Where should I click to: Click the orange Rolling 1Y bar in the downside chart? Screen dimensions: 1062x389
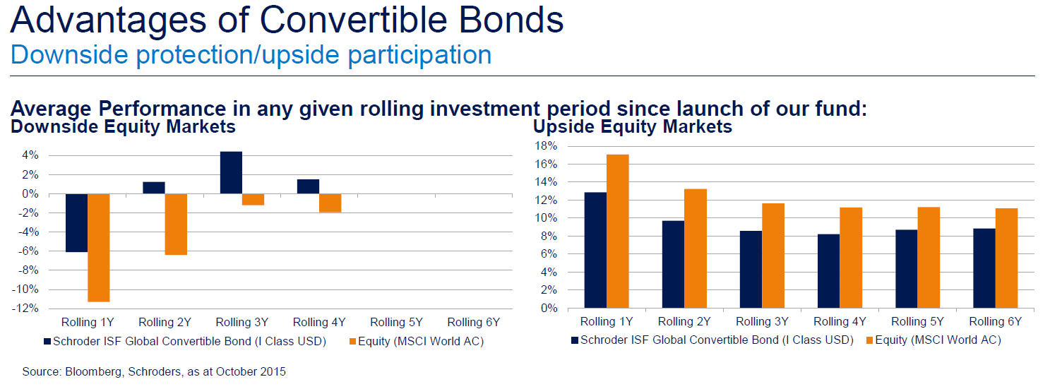99,248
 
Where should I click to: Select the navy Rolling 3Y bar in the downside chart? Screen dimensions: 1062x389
231,172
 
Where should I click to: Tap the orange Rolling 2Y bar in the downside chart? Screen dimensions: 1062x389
176,225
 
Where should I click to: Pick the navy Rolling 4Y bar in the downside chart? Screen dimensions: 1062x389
308,186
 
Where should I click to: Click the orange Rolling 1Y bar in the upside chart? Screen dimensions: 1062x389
618,232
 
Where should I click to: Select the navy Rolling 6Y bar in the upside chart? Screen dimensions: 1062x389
984,268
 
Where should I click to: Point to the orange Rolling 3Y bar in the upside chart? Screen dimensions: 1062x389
773,256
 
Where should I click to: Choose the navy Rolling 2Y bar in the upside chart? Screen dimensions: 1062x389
673,264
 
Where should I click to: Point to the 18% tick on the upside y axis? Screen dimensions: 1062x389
546,146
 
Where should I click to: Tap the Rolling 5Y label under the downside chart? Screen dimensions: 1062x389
396,322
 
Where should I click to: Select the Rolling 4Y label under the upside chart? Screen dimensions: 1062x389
840,322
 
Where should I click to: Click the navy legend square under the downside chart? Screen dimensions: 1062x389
47,342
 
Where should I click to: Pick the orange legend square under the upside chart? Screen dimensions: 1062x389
869,340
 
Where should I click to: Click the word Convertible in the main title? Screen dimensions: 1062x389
353,20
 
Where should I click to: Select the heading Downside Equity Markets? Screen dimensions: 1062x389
124,127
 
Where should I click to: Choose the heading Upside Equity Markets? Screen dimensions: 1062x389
633,127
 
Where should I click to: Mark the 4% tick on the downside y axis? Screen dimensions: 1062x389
30,155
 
